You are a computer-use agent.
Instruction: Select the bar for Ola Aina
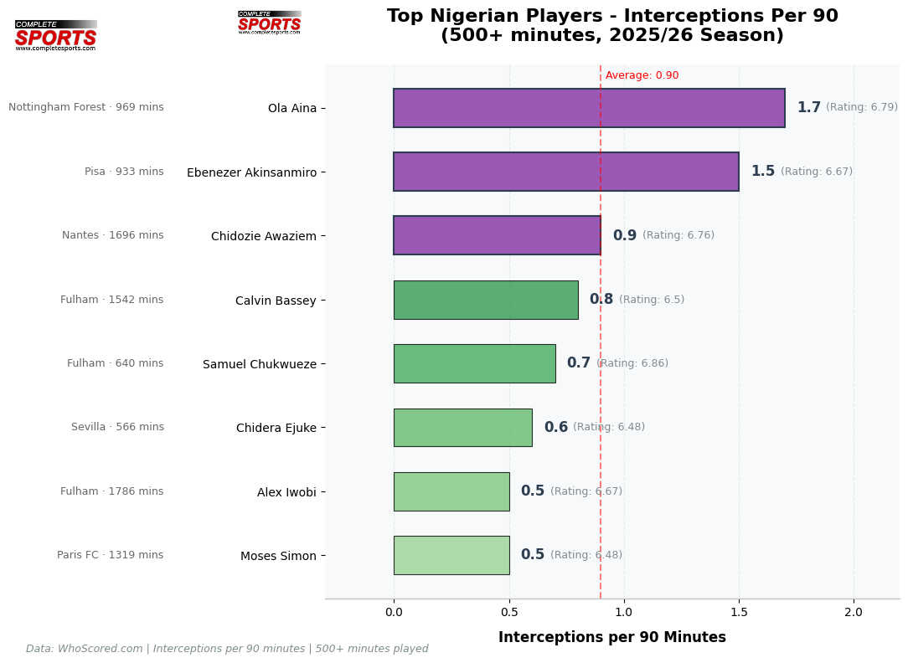tap(589, 108)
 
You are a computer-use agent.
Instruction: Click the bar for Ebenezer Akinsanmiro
tap(566, 172)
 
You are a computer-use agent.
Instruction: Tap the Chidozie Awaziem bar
tap(497, 235)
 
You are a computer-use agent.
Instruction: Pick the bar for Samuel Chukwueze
tap(474, 363)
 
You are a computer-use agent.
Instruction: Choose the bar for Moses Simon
tap(451, 555)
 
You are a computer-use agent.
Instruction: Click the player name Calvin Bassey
tap(276, 301)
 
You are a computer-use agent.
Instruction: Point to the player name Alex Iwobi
tap(286, 492)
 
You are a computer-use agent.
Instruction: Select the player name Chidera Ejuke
tap(276, 429)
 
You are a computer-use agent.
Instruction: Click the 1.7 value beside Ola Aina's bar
tap(808, 108)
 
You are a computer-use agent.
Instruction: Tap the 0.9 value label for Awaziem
tap(624, 236)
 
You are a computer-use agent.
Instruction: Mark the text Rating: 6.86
tap(632, 363)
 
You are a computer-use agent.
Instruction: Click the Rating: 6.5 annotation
tap(652, 300)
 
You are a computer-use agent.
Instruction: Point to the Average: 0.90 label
tap(642, 75)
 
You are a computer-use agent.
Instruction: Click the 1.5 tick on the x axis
tap(739, 612)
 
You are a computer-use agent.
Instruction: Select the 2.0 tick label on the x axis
tap(854, 612)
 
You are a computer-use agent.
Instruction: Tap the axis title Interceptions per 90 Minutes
tap(612, 637)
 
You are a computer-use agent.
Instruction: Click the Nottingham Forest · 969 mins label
tap(86, 107)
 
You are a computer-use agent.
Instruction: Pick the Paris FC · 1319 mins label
tap(111, 555)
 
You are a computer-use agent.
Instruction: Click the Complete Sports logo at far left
tap(56, 36)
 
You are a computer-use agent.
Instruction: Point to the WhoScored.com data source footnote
tap(227, 649)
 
